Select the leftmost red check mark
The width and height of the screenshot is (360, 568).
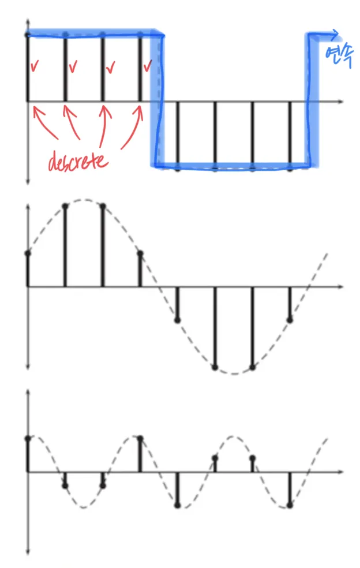tap(35, 67)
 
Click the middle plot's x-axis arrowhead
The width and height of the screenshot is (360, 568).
tap(341, 286)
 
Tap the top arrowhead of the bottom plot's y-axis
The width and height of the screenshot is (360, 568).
tap(28, 393)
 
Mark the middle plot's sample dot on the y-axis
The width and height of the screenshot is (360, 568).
tap(28, 253)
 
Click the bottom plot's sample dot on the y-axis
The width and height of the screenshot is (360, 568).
tap(28, 438)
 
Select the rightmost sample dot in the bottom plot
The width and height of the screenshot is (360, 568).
tap(290, 505)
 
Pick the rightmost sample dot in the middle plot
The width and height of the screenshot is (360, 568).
tap(290, 319)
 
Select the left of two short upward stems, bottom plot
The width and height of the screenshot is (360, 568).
tap(215, 465)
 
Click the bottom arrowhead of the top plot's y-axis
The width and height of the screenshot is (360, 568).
tap(28, 181)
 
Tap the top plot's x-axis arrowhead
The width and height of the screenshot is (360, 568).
tap(341, 102)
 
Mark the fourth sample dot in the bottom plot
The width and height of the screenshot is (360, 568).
tap(140, 438)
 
